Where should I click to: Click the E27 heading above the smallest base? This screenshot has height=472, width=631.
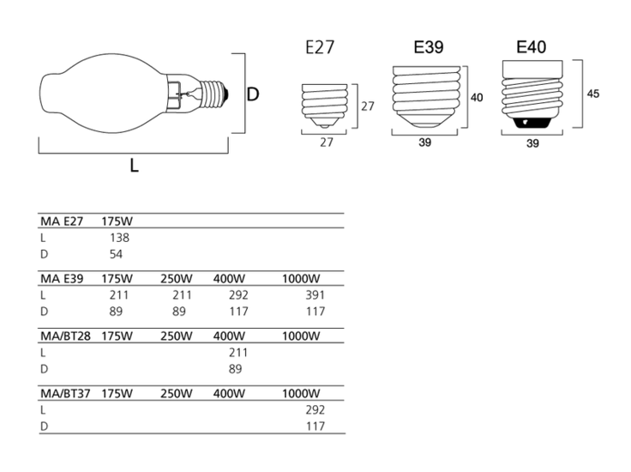point(320,49)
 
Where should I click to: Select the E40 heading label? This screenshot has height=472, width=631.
point(532,47)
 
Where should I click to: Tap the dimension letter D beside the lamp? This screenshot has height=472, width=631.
point(253,94)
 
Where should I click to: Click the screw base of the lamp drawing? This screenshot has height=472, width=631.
point(213,91)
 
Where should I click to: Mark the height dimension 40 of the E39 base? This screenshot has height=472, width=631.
point(477,98)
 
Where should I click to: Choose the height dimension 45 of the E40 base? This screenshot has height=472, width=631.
point(592,94)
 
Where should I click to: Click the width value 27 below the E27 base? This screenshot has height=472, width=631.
point(326,142)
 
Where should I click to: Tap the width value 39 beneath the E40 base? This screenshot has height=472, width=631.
point(532,144)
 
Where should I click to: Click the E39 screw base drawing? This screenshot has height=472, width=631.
point(428,95)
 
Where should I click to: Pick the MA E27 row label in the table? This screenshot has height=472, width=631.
point(61,221)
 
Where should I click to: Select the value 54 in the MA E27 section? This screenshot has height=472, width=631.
point(118,254)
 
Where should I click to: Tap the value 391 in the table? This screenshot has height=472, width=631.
point(315,295)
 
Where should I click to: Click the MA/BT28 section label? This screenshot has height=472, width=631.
point(66,336)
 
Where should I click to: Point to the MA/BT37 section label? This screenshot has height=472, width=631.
point(66,393)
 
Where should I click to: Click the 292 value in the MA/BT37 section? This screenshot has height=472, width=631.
point(315,410)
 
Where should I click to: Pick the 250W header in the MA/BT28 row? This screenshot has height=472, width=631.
point(176,336)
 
